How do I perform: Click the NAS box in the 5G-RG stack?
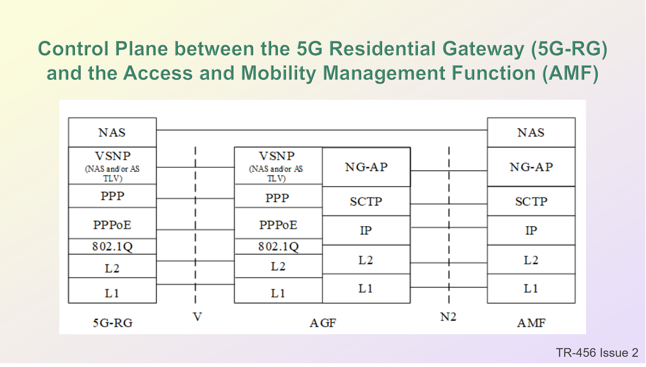(112, 132)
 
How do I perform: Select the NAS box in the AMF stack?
(531, 132)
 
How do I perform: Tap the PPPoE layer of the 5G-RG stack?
(112, 223)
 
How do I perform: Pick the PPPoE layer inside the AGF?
(278, 223)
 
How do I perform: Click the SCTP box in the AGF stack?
(366, 201)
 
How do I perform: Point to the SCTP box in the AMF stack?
(531, 201)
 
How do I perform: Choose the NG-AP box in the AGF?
(366, 167)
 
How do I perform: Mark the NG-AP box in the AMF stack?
(531, 167)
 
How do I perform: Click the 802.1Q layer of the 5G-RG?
(112, 247)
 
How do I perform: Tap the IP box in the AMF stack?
(531, 230)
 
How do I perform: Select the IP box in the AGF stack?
(366, 230)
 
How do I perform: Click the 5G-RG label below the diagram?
(113, 323)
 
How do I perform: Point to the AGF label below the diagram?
(323, 323)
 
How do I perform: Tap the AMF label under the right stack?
(532, 323)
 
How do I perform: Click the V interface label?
(198, 317)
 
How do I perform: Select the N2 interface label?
(448, 317)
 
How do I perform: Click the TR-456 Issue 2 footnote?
(597, 353)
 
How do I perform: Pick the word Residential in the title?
(382, 48)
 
